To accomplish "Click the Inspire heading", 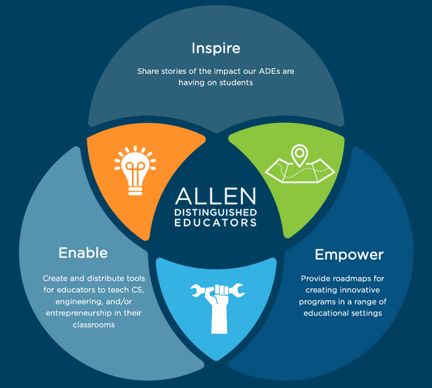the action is tap(216, 48).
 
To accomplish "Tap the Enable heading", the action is tap(83, 252).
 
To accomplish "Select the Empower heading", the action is tap(349, 255).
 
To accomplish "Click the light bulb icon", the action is tap(135, 170).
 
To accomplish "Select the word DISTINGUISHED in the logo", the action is tap(216, 213).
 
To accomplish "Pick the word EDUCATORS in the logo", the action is tap(216, 222).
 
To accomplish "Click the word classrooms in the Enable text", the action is tap(93, 325).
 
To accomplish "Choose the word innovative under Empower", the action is tap(362, 290).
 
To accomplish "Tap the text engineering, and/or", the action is tap(93, 302).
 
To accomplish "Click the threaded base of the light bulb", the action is tap(135, 190).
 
